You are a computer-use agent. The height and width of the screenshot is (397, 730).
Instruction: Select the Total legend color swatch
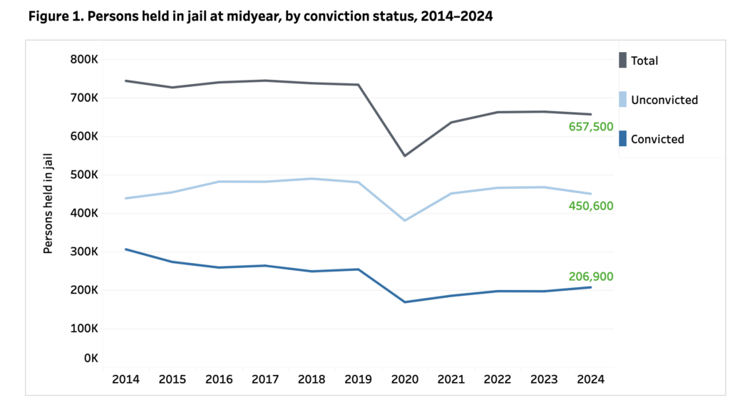click(x=622, y=61)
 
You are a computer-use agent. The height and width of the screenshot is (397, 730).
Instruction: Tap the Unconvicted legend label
click(x=664, y=100)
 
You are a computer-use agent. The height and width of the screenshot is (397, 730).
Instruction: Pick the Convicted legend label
click(x=657, y=139)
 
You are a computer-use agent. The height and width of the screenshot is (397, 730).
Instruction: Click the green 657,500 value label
click(x=590, y=126)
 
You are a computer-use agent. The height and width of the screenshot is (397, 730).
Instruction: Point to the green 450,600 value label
click(x=590, y=206)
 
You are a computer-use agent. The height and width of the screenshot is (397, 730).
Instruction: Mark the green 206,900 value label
click(x=590, y=277)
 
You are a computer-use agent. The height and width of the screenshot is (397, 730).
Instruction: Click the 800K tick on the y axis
click(x=84, y=59)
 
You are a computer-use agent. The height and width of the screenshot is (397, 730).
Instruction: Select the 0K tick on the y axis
click(x=90, y=358)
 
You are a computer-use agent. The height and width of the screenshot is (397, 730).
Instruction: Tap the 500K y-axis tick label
click(x=84, y=175)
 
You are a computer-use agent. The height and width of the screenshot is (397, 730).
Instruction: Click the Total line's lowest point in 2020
click(x=405, y=155)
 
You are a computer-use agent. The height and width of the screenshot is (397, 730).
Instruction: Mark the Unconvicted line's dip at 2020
click(x=405, y=220)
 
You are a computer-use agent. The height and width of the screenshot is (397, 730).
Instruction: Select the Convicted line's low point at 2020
click(x=405, y=302)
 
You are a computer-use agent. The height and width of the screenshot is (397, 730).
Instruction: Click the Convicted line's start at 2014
click(x=126, y=249)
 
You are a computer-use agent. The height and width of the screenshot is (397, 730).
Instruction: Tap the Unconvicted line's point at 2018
click(x=312, y=178)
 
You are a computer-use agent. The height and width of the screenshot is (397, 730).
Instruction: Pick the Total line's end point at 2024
click(x=591, y=114)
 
